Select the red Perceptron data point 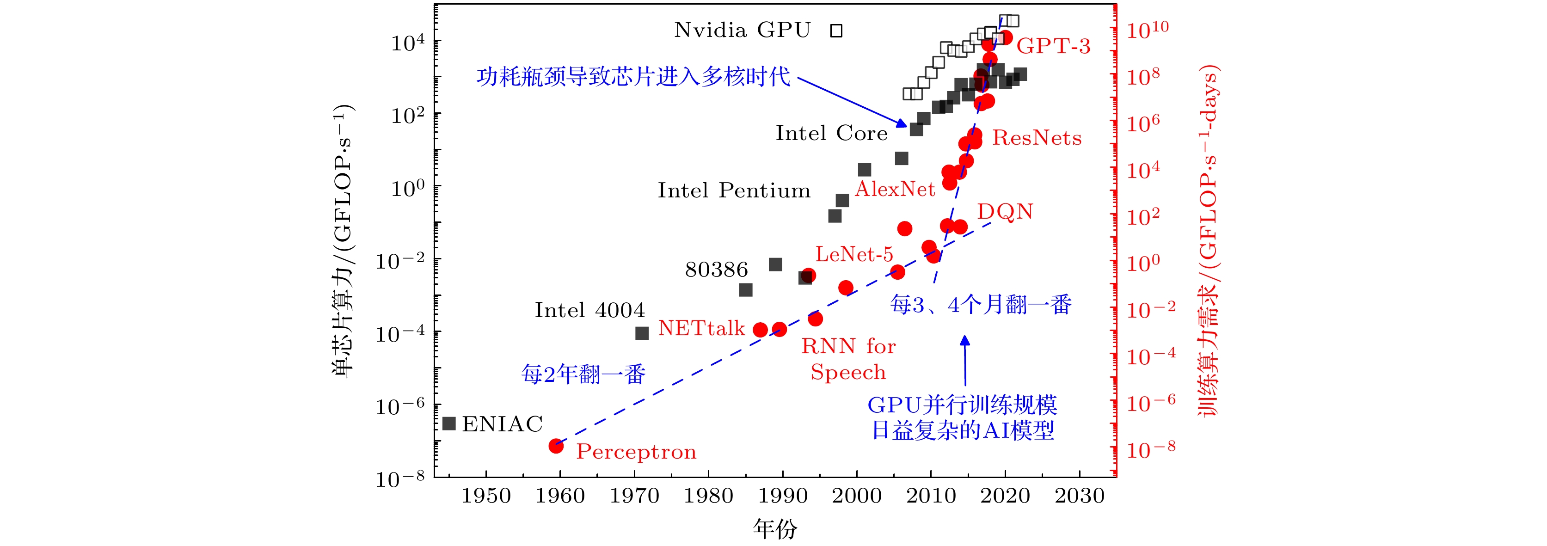click(556, 446)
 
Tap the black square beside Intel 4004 click(642, 333)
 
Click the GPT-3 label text click(1053, 46)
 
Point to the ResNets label click(1037, 138)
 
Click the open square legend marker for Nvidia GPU click(836, 31)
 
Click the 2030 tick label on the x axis click(1079, 496)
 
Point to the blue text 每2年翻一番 click(583, 374)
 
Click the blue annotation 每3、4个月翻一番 click(981, 305)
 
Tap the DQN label click(1005, 211)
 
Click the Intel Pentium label click(734, 191)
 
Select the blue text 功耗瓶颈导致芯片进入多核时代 click(633, 77)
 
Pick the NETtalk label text click(701, 328)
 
